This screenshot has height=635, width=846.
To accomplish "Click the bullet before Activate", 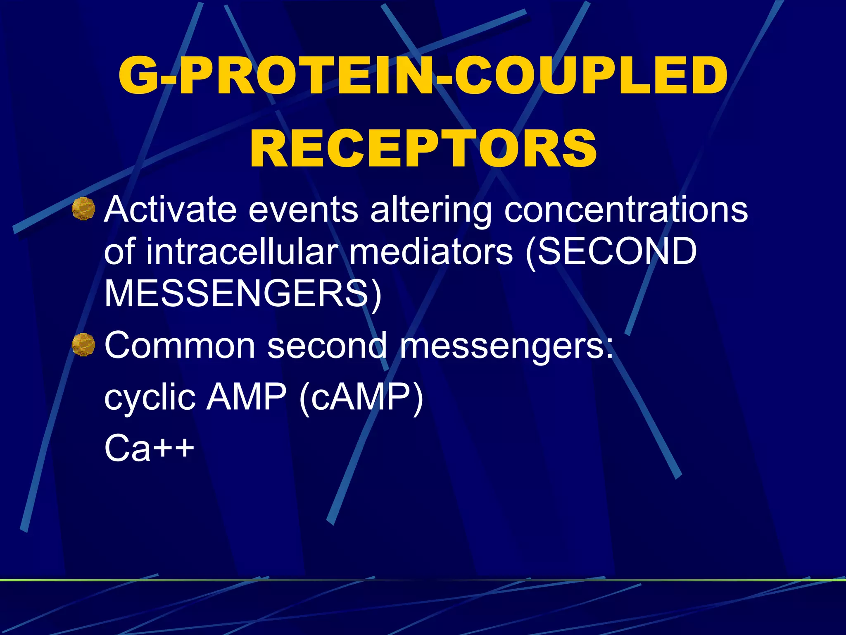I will tap(83, 209).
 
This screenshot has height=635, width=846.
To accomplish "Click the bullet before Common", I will tap(83, 345).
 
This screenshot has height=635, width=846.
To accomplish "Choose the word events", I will tap(303, 210).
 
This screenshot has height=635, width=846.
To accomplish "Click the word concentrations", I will tap(626, 210).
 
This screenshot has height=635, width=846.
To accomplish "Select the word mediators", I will tap(431, 252).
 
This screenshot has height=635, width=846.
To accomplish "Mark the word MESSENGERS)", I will tap(243, 294).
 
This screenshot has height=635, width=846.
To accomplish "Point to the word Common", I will tap(180, 346).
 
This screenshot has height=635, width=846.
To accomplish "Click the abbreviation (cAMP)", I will tap(361, 398).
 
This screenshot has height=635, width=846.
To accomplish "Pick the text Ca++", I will tap(149, 448).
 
